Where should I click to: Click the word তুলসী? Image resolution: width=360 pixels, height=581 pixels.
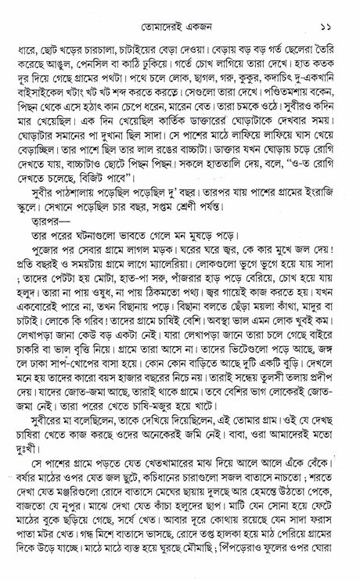tap(283, 418)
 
